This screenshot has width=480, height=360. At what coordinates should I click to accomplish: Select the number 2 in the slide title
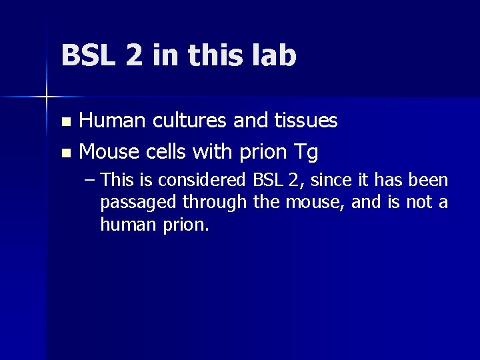tap(133, 56)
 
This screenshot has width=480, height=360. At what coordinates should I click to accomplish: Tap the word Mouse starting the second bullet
tap(109, 153)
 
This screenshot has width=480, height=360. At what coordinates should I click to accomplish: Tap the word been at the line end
tap(431, 180)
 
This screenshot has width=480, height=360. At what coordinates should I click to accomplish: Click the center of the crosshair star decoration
tap(46, 97)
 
